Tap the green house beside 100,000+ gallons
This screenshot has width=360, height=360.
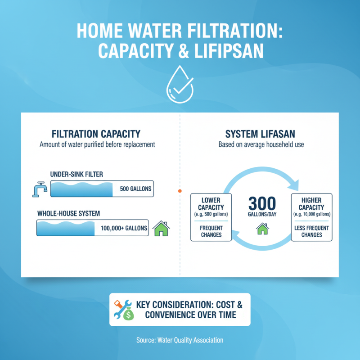tap(161, 229)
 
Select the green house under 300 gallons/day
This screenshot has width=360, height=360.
tap(261, 229)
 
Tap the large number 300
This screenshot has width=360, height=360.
tap(261, 202)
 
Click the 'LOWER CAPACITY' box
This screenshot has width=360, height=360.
tap(211, 217)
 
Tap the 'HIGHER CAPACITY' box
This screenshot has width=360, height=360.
tap(311, 217)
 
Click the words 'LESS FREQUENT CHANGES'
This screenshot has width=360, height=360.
tap(311, 231)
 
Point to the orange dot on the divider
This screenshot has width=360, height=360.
tap(180, 191)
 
